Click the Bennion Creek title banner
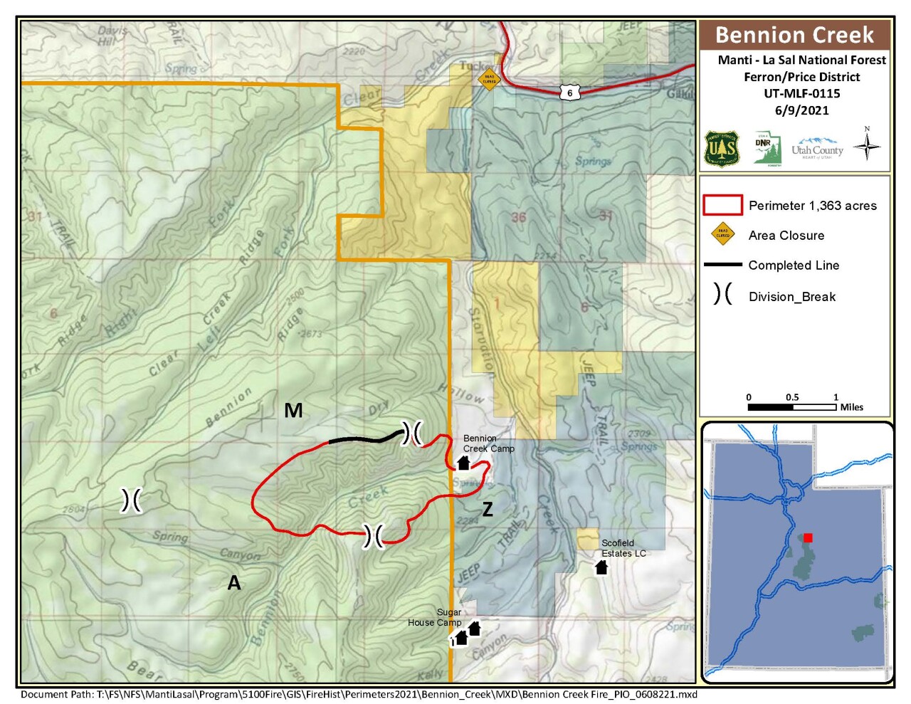coord(794,35)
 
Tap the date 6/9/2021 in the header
coord(801,110)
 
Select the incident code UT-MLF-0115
coord(801,93)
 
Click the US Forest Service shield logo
coord(721,149)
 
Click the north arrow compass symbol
coord(866,145)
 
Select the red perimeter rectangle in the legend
coord(722,205)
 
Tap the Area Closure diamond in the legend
coord(722,233)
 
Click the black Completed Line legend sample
coord(722,265)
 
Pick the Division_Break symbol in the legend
coord(722,294)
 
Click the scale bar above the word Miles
coord(791,407)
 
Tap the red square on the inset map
coord(808,538)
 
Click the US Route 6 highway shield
coord(569,93)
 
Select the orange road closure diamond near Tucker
coord(489,79)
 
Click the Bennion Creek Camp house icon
coord(463,463)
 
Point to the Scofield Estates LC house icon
coord(601,567)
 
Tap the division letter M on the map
coord(293,410)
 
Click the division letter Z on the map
coord(488,508)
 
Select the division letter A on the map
coord(233,583)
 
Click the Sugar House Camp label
coord(435,617)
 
